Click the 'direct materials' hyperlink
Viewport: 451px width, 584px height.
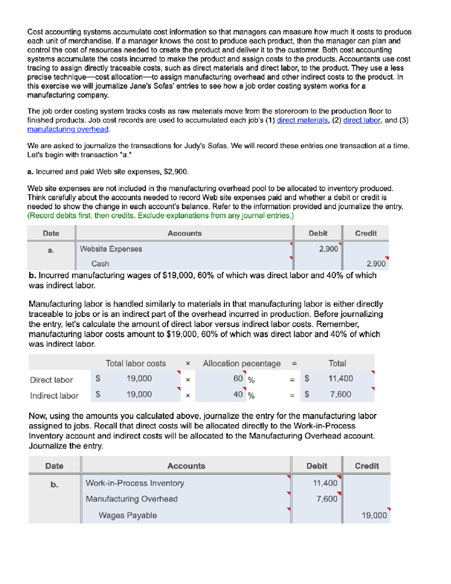[x=302, y=120]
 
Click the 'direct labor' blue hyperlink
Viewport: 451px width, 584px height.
[x=362, y=120]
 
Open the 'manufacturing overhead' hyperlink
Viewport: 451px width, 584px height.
[x=68, y=129]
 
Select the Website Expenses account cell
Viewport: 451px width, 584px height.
[x=111, y=249]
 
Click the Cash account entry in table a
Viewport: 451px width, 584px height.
[x=100, y=264]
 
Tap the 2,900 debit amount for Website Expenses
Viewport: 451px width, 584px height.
[x=328, y=249]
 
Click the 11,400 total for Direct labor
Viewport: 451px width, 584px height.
[x=340, y=379]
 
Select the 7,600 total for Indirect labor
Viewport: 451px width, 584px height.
[x=340, y=394]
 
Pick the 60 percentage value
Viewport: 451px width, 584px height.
[x=238, y=379]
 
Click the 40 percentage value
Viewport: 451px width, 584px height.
[x=238, y=394]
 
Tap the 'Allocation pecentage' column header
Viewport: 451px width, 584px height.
[x=242, y=364]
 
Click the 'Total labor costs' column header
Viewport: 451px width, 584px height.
[x=136, y=364]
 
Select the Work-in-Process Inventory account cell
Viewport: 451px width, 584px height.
[x=135, y=483]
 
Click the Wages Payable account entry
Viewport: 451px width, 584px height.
[x=127, y=516]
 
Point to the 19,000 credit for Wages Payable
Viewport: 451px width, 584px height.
[x=374, y=516]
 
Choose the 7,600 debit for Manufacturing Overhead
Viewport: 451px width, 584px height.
[x=326, y=499]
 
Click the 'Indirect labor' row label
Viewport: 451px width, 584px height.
[x=54, y=396]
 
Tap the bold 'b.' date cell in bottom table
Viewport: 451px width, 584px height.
[x=54, y=485]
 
